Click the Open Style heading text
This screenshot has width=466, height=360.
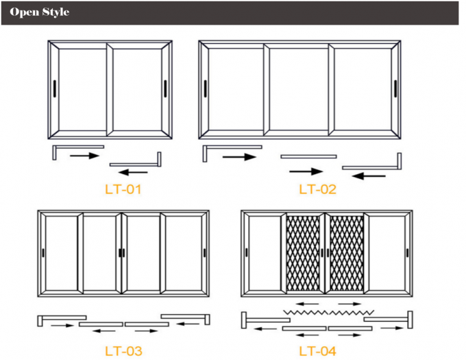(x=39, y=12)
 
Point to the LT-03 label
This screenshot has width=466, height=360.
(x=123, y=351)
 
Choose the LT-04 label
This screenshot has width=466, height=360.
(x=317, y=351)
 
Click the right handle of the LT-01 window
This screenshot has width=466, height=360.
(x=165, y=88)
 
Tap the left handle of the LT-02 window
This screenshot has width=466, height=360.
(x=206, y=88)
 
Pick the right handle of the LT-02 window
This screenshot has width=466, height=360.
(x=395, y=88)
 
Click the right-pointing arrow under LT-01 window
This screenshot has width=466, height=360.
(x=84, y=156)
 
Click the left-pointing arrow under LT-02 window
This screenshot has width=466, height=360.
(x=373, y=176)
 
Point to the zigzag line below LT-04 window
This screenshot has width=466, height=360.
(x=327, y=312)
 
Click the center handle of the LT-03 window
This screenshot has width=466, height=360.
(x=122, y=253)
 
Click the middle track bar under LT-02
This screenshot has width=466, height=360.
(x=308, y=157)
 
